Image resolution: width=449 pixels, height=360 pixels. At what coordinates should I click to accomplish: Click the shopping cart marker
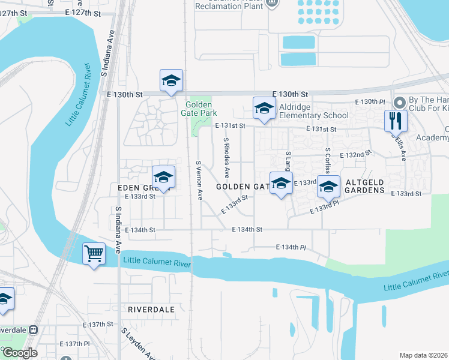tap(94, 254)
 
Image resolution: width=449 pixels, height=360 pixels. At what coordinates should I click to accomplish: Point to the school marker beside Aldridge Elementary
tap(264, 109)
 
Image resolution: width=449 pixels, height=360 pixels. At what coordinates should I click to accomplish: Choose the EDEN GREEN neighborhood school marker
tap(163, 178)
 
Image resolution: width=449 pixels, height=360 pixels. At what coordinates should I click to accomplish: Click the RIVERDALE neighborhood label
tap(151, 309)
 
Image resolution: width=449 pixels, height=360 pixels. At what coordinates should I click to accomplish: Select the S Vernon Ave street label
tap(200, 179)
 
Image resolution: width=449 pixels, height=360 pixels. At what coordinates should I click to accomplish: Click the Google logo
tap(19, 352)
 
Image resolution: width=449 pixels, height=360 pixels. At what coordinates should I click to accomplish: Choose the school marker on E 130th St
tap(171, 81)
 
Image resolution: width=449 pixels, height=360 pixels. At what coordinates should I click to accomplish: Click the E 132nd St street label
tap(352, 155)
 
